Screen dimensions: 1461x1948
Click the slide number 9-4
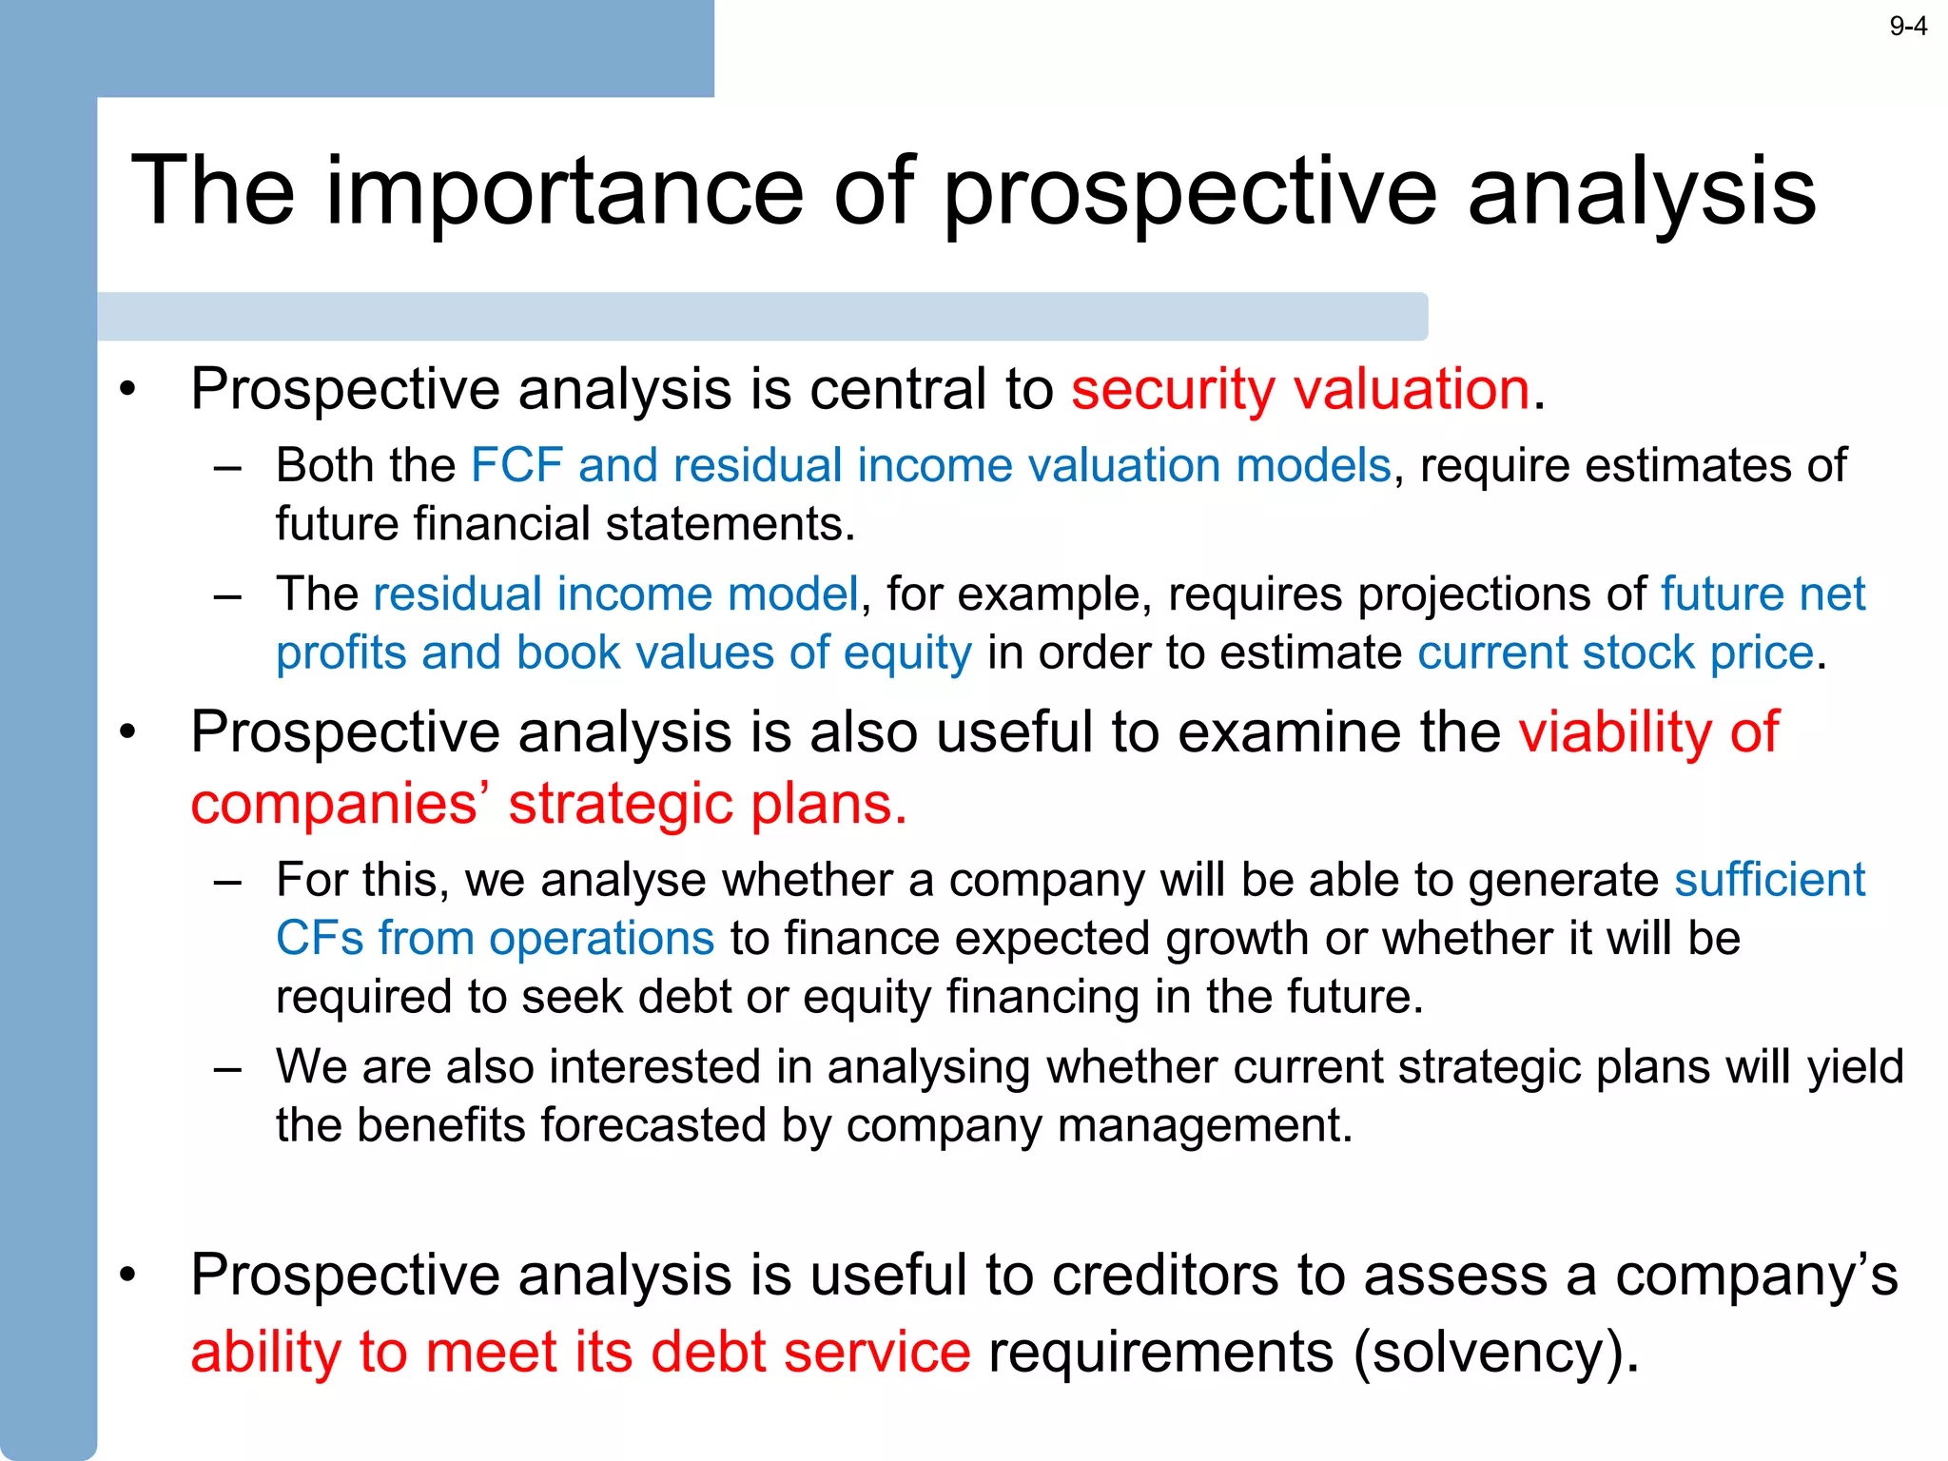coord(1907,27)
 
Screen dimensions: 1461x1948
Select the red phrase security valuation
coord(1300,389)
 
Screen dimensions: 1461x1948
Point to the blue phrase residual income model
coord(616,594)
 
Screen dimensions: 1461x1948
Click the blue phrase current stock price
coord(1615,653)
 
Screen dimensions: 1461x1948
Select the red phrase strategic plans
coord(707,805)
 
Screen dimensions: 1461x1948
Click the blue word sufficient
coord(1769,880)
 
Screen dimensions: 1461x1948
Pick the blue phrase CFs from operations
coord(495,939)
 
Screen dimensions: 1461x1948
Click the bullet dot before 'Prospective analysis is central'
coord(128,390)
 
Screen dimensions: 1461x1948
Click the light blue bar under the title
coord(761,317)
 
